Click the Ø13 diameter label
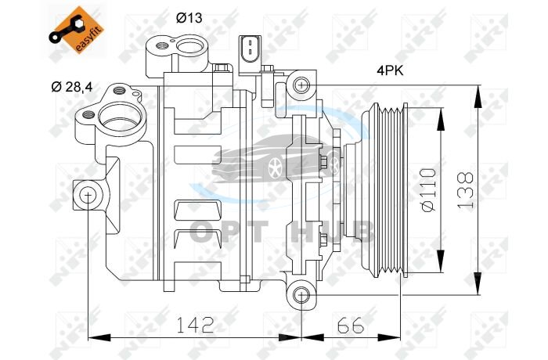[189, 17]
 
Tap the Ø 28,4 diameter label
[72, 87]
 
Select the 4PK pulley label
[390, 71]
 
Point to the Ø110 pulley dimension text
[429, 190]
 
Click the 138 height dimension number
[466, 190]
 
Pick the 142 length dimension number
[195, 325]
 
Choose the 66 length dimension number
[351, 326]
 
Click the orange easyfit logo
[77, 30]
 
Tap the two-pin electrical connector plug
[250, 56]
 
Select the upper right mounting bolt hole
[301, 85]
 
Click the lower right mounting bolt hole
[301, 295]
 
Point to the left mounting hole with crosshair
[88, 195]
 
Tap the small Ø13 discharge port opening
[190, 46]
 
